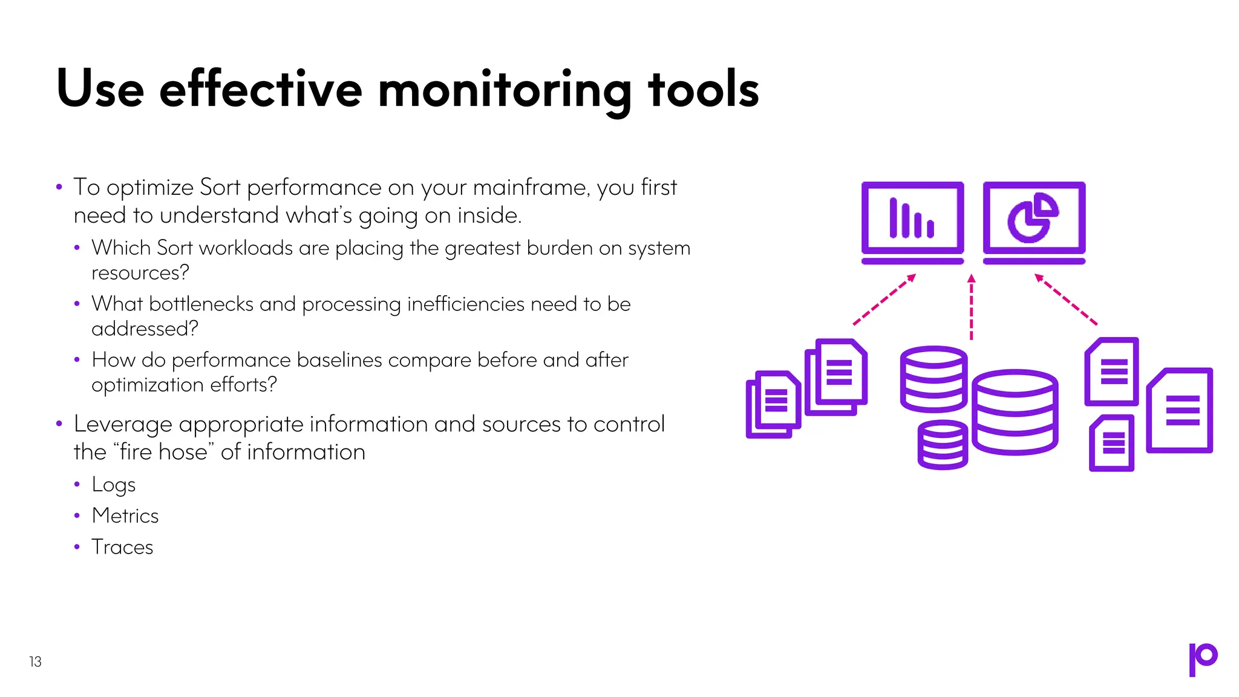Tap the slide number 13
pos(35,661)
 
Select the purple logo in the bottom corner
pos(1203,659)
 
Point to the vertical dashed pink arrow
pos(972,307)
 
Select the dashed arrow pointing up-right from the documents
pos(884,299)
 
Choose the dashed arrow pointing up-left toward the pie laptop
pos(1066,299)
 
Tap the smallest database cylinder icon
pos(943,445)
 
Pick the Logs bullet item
pos(114,485)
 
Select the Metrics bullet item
pos(125,515)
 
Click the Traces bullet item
pos(122,547)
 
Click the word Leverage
pos(123,424)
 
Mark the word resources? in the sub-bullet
pos(140,273)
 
